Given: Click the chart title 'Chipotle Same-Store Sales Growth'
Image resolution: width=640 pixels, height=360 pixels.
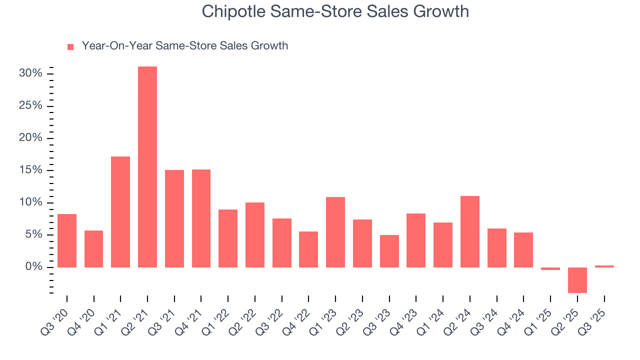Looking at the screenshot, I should coord(335,11).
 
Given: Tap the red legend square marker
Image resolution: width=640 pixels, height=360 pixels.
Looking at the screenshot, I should coord(70,46).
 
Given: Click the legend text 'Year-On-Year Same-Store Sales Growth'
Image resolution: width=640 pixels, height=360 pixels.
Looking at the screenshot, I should coord(184,46).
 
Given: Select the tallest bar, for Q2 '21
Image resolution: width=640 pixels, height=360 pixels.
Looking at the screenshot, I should coord(147,167).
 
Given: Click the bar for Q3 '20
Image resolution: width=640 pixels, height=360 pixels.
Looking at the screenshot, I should coord(67,240).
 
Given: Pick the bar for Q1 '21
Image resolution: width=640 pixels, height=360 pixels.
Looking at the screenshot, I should coord(120,212).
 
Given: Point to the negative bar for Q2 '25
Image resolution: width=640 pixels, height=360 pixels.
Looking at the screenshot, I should coord(577,280).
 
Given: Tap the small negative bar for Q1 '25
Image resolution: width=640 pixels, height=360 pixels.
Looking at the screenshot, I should coord(550,269).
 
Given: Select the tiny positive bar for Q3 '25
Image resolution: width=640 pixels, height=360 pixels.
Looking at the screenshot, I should coord(604,266).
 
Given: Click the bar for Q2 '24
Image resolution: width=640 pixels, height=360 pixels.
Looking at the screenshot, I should coord(470,231).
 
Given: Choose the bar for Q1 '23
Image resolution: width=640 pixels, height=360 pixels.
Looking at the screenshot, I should coord(335,232).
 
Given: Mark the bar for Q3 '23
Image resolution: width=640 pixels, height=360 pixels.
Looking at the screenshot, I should coord(389,251).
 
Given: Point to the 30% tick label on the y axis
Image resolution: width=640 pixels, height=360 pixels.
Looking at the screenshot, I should coord(30,73).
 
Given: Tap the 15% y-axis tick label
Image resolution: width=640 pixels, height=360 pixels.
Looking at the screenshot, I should coord(30,170).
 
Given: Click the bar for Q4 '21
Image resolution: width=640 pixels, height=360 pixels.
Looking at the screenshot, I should coord(201,218).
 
